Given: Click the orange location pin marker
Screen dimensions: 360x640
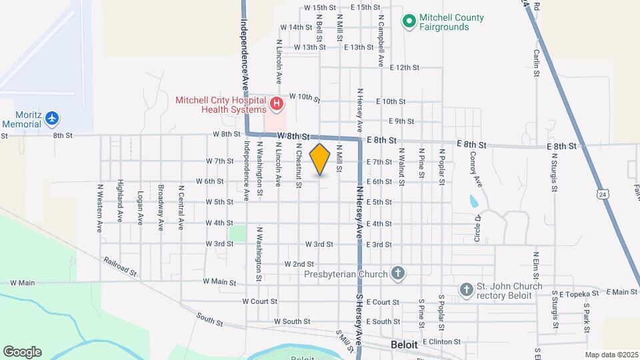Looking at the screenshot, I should point(320,159).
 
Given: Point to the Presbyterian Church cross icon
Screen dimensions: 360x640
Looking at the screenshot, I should point(398,273).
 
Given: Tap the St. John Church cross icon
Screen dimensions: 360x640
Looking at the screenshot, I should point(466,289).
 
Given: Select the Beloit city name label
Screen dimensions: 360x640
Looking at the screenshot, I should point(404,345).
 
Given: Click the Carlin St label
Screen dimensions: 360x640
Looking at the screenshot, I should point(536,62).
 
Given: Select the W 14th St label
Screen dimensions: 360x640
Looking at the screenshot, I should point(297,27).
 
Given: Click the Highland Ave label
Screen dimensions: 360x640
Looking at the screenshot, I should point(120,200).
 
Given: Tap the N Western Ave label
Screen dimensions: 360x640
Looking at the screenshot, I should point(100,207).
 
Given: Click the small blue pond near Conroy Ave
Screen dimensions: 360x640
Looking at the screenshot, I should point(473,201).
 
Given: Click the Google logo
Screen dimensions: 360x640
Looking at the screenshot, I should point(23,352).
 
